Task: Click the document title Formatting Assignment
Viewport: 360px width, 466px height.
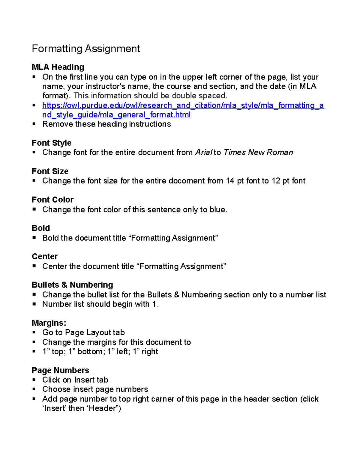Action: point(86,49)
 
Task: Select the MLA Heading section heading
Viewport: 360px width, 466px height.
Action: point(58,67)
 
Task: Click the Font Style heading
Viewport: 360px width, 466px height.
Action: point(52,143)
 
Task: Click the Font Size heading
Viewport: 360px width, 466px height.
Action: point(50,171)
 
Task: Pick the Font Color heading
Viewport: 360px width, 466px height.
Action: point(52,200)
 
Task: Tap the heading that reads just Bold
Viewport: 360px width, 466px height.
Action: point(41,228)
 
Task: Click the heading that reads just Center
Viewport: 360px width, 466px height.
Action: point(45,257)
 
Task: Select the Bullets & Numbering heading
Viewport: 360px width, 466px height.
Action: point(72,285)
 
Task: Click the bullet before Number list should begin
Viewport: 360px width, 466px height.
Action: point(34,304)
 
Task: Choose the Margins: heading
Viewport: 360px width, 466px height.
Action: point(49,323)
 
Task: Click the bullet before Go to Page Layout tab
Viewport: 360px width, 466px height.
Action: point(34,332)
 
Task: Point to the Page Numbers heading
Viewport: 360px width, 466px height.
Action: point(60,370)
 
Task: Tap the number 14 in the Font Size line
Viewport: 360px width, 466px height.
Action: point(230,181)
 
